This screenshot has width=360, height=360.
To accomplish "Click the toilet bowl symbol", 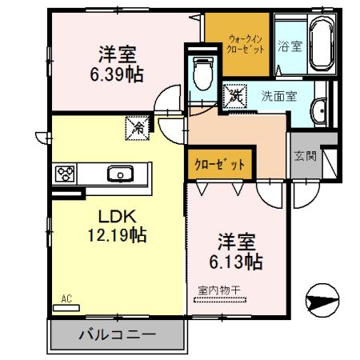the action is pos(202,74).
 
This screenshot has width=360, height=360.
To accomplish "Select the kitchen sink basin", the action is pos(120,174).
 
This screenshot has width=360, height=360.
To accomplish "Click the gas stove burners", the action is pos(65,174).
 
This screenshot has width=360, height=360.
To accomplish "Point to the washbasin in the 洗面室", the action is pos(319,112).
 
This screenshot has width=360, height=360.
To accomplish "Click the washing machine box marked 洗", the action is pos(235,96).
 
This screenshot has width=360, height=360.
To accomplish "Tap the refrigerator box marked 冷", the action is pos(138,128).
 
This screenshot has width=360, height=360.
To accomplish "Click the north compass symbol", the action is pos(322,300).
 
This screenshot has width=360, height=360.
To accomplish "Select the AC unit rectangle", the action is pos(66,308).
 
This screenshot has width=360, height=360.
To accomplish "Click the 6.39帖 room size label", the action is pos(117,74).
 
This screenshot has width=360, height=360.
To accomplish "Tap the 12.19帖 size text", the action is pos(117,235).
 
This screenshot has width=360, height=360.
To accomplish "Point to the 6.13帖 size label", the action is pos(236,262).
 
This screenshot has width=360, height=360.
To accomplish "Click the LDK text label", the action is pos(118,217).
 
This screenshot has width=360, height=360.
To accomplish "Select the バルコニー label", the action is pos(117,334).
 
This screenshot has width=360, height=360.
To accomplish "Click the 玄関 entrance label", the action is pos(306,156).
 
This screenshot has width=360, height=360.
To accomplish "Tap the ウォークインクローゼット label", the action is pos(246,45).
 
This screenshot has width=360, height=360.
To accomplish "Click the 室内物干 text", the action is pos(219,290).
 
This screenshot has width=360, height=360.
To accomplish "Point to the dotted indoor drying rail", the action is pos(220,300).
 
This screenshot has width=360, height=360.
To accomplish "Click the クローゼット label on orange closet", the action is pos(219,165).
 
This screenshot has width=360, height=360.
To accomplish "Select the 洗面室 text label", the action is pos(279,96).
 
